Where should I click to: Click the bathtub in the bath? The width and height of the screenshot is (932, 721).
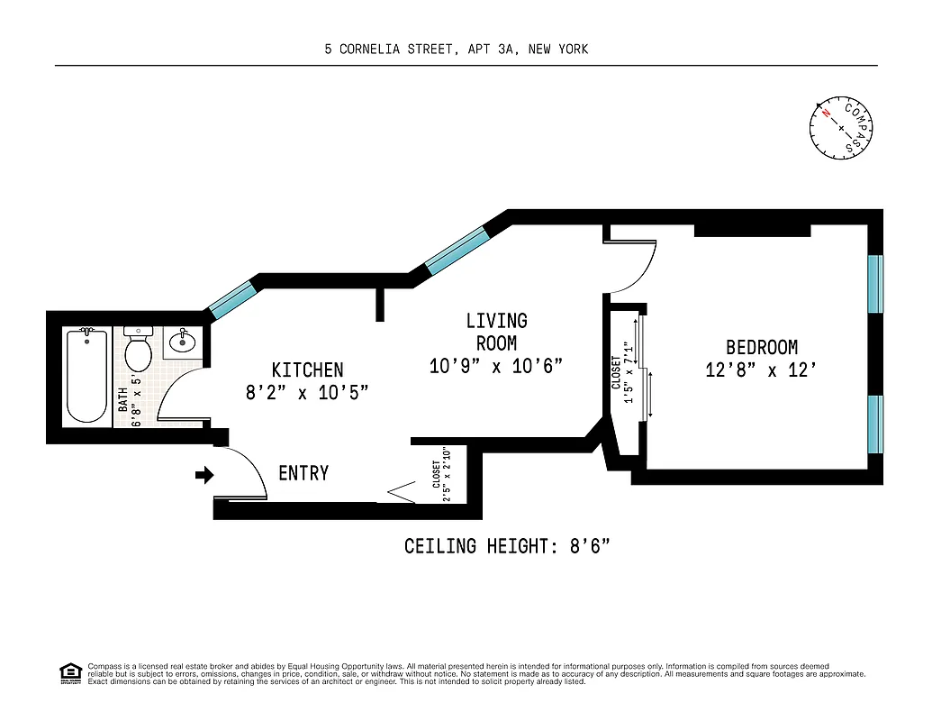point(87,376)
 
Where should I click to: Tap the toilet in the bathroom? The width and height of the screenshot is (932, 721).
point(138,351)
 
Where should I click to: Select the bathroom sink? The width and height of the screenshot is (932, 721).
point(182,342)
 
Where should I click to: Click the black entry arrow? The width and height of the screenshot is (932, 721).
point(204,474)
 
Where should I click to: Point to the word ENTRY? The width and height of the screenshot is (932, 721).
point(303,473)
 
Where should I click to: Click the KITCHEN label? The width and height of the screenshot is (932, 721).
point(307,370)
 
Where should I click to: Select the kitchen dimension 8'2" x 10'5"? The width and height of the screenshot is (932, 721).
point(307,392)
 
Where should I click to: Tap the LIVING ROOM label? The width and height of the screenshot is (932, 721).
point(496,331)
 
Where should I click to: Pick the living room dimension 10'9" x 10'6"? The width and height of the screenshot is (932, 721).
point(496,366)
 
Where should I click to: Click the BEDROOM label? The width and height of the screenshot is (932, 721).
point(762,347)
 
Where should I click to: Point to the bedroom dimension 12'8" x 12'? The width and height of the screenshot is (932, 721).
point(762,370)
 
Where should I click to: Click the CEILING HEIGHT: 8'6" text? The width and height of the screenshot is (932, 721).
point(513,546)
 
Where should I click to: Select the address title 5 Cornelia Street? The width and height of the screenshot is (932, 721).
point(457,49)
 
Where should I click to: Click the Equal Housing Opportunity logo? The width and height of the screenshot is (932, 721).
point(70,673)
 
